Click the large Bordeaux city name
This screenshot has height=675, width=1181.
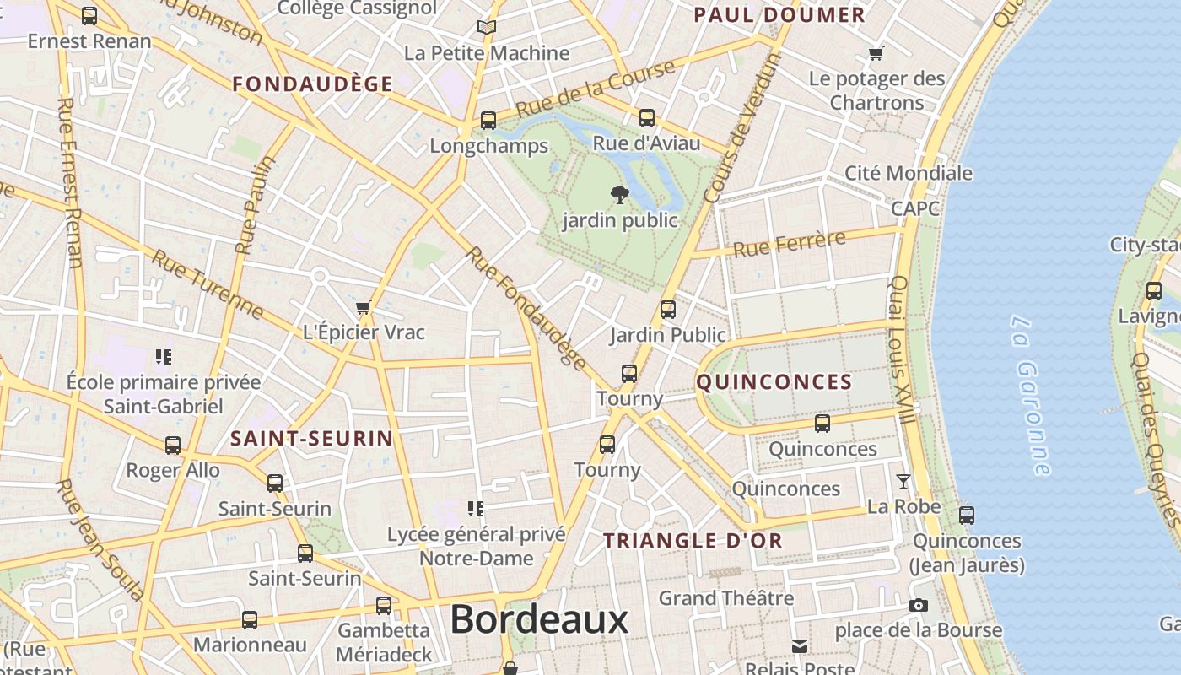539,620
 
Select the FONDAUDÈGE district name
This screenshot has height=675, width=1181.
312,84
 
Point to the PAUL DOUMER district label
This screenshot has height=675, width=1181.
779,15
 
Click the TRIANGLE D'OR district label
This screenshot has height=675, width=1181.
693,541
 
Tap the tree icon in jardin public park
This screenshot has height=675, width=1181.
620,195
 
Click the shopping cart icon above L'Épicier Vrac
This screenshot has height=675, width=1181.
364,307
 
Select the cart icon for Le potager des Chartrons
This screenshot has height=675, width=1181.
876,54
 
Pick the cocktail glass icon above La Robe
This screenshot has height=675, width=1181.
903,482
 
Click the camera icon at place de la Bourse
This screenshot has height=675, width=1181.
919,605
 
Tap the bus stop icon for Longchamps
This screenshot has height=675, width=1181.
488,121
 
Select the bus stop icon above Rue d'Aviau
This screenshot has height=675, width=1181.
647,118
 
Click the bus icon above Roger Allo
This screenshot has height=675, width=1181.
173,445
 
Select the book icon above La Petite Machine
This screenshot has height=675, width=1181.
487,27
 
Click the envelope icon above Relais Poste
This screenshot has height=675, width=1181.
800,646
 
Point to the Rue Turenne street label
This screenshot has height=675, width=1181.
208,285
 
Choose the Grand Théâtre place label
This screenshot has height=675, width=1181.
726,598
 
